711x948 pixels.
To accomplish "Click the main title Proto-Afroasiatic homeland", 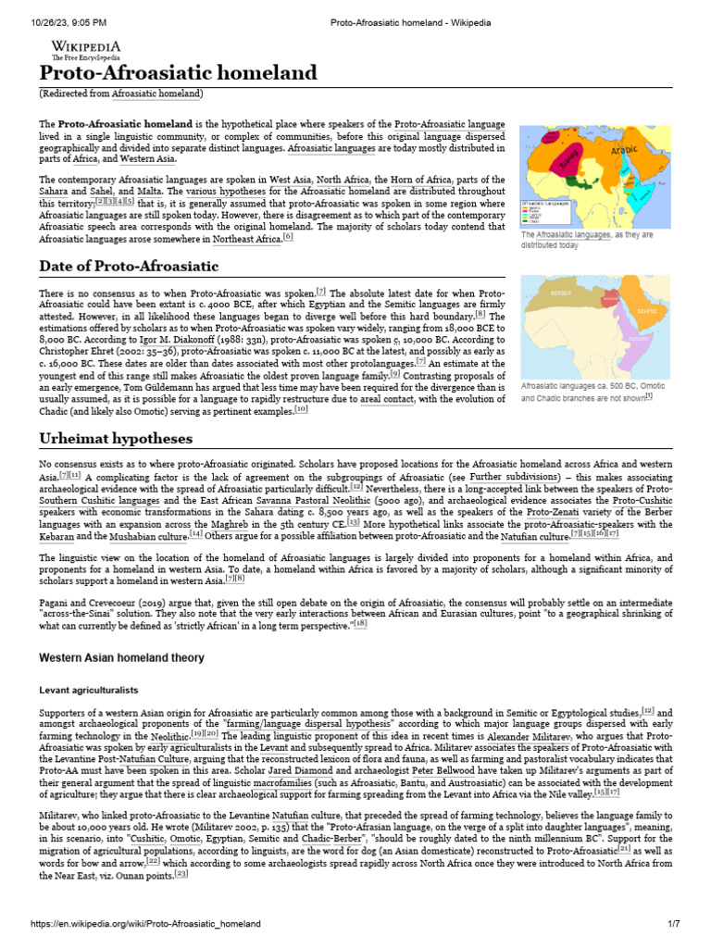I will tap(178, 73).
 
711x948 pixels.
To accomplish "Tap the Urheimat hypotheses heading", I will tap(116, 437).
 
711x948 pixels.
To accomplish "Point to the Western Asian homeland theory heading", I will tap(121, 657).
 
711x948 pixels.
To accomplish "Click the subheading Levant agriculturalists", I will tap(87, 691).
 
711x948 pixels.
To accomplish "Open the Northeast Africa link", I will tap(246, 239).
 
